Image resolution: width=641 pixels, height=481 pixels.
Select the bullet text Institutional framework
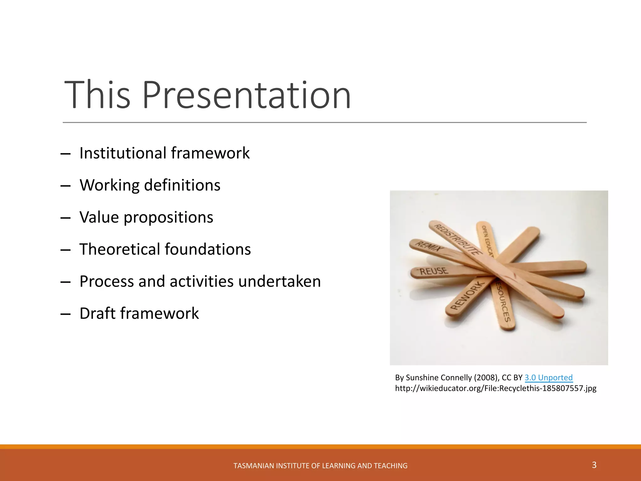pyautogui.click(x=164, y=153)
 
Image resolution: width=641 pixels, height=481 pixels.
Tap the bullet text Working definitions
pyautogui.click(x=150, y=185)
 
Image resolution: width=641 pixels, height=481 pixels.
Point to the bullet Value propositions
pyautogui.click(x=146, y=217)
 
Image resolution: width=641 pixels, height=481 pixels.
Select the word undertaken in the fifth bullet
pyautogui.click(x=279, y=281)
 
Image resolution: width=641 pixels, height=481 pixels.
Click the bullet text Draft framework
pyautogui.click(x=139, y=313)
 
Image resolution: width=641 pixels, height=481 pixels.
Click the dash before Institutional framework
pyautogui.click(x=65, y=154)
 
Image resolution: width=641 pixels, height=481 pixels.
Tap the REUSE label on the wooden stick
pyautogui.click(x=433, y=271)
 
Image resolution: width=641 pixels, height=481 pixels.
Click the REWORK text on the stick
pyautogui.click(x=467, y=295)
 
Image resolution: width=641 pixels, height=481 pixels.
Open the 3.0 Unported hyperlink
pyautogui.click(x=548, y=378)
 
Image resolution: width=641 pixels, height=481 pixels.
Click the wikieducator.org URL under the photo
pyautogui.click(x=495, y=389)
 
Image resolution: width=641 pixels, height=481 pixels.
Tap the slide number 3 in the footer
pyautogui.click(x=594, y=465)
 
